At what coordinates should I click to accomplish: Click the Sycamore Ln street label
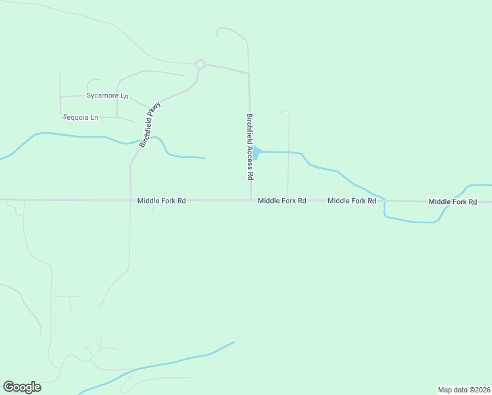point(107,95)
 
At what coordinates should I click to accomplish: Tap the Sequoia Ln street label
point(80,117)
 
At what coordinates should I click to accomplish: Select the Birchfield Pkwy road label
point(150,124)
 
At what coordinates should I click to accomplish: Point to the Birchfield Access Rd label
point(250,147)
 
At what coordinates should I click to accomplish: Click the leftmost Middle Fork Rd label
point(162,201)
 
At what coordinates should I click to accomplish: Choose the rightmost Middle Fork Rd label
point(453,201)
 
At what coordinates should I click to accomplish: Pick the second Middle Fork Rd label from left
point(282,201)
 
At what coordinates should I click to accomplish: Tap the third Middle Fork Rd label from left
point(351,201)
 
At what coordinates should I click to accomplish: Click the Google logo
point(22,387)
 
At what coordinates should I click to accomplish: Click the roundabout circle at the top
point(201,65)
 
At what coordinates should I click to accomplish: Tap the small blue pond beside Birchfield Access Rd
point(257,153)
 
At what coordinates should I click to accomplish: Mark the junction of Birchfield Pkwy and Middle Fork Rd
point(130,200)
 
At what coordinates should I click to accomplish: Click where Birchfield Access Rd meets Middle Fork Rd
point(251,200)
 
